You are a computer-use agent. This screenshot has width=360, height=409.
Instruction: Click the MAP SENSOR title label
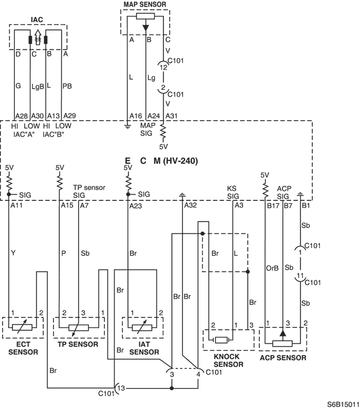(145, 5)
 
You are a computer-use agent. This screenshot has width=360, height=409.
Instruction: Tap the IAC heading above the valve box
(37, 20)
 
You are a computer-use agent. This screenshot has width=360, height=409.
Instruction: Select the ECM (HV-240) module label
(161, 161)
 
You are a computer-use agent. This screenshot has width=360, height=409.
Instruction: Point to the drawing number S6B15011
(344, 404)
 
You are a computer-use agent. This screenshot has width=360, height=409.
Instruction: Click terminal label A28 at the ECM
(22, 116)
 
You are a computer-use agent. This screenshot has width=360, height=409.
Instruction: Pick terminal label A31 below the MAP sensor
(171, 116)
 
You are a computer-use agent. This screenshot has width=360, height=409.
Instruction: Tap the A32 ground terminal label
(190, 206)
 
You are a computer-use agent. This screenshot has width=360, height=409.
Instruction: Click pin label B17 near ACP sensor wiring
(273, 206)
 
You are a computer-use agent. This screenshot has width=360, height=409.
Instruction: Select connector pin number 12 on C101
(164, 67)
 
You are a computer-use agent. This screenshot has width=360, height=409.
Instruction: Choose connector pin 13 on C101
(121, 388)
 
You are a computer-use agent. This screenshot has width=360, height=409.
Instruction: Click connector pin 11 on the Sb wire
(300, 276)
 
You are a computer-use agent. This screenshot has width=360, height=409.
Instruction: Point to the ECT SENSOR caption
(23, 348)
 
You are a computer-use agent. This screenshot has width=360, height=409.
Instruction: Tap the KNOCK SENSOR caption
(228, 360)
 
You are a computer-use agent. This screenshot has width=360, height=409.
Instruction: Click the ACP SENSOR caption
(283, 358)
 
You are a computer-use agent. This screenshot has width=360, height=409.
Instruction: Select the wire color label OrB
(272, 268)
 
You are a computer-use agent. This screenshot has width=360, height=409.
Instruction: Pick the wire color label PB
(67, 86)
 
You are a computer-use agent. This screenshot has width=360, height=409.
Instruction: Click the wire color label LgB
(38, 86)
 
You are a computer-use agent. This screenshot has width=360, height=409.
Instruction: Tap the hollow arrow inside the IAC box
(38, 37)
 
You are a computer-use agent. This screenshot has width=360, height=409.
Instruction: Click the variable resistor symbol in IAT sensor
(142, 327)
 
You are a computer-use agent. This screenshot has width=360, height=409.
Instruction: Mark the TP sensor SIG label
(89, 191)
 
